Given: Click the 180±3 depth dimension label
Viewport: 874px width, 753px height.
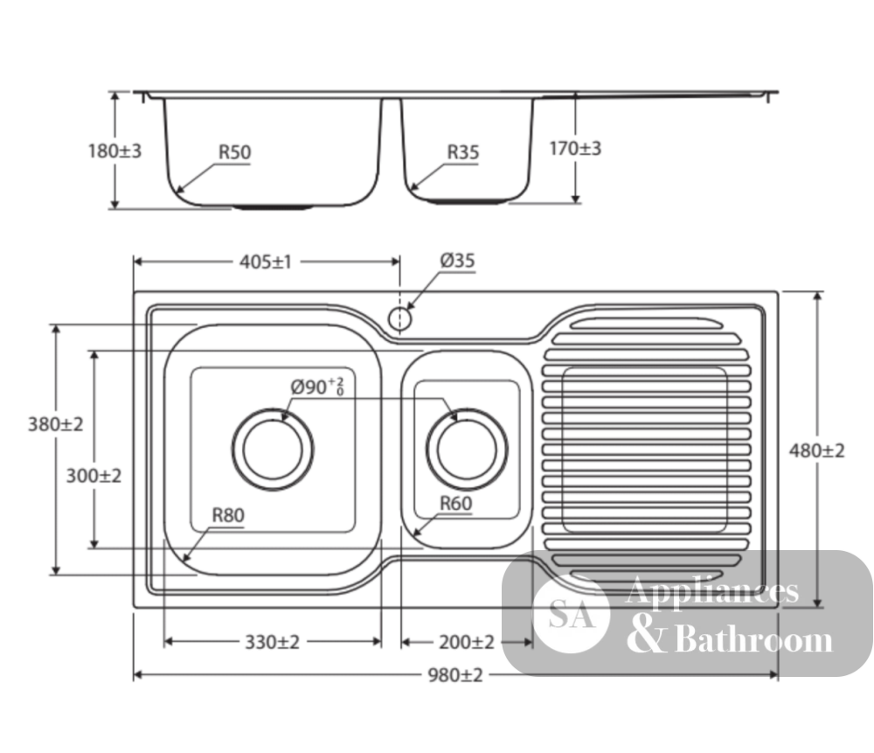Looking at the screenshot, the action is point(114,150).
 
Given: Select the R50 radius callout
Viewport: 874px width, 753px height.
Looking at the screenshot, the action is point(234,151).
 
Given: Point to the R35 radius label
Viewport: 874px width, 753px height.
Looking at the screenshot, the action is point(463,151).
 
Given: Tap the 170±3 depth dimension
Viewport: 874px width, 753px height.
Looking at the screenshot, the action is point(575,149).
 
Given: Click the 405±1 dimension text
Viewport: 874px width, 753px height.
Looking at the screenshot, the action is point(266,261).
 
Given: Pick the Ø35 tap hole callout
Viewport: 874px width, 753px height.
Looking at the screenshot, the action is point(458,260).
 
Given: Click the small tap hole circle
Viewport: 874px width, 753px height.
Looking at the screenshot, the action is point(399,319).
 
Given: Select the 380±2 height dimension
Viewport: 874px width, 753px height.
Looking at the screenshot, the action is point(55,424).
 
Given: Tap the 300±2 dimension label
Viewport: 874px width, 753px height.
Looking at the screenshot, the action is point(94,476).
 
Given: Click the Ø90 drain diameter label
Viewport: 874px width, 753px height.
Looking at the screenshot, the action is point(317,386).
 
